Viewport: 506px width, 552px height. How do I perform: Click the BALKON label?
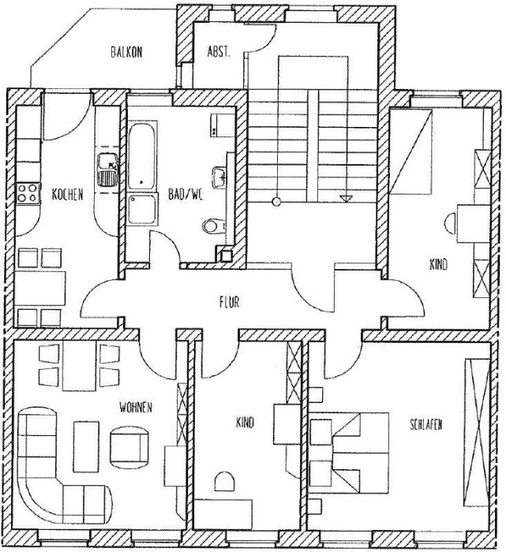pos(126,52)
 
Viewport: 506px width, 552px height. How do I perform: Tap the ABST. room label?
pos(219,52)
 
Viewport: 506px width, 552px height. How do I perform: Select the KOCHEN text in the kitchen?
pos(67,194)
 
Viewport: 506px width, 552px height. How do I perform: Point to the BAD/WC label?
pos(186,194)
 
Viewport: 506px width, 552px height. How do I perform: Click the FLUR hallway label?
pos(230,302)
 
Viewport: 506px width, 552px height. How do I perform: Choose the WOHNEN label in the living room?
pos(136,408)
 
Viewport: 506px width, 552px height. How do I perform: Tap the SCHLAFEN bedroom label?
pos(426,424)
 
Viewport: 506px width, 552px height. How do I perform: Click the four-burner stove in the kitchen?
pos(28,193)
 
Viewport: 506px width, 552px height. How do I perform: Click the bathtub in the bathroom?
pos(141,155)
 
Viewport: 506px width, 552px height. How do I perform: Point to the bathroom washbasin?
pos(219,177)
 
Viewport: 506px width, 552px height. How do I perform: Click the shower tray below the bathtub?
pos(142,210)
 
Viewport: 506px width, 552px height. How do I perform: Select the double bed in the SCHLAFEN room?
pos(349,453)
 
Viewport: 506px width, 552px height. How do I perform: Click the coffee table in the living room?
pos(86,447)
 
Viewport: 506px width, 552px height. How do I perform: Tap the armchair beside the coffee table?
pos(129,446)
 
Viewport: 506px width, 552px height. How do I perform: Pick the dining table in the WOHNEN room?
pos(79,366)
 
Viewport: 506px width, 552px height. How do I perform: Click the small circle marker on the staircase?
pos(277,201)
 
